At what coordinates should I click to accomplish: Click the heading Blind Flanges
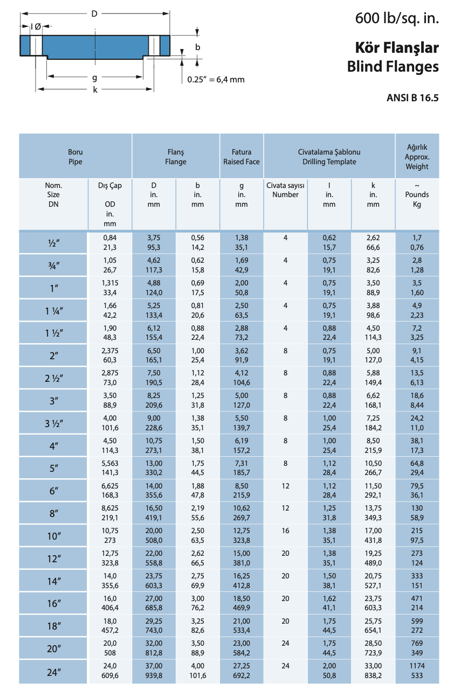coord(393,67)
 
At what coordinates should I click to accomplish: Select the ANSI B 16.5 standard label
coord(412,97)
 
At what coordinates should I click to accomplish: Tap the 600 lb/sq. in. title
coord(397,19)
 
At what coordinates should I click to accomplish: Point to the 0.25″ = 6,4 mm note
coord(216,80)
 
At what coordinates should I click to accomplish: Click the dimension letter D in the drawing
coord(94,14)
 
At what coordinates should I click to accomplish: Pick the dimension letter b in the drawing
coord(198,47)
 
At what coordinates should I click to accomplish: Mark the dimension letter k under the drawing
coord(95,90)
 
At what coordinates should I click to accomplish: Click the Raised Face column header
coord(242,157)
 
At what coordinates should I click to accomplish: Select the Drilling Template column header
coord(329,157)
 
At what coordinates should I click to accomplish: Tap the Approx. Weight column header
coord(417,157)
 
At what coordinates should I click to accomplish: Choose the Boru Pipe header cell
coord(75,157)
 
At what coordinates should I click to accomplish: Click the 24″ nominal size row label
coord(53,672)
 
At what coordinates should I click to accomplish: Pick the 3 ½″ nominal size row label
coord(53,423)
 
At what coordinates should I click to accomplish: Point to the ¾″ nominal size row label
coord(53,266)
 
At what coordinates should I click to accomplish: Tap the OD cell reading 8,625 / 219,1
coord(109,513)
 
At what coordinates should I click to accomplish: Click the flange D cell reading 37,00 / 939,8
coord(154,671)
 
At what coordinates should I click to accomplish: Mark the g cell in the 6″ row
coord(242,490)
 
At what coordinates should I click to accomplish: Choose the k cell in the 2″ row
coord(373,355)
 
